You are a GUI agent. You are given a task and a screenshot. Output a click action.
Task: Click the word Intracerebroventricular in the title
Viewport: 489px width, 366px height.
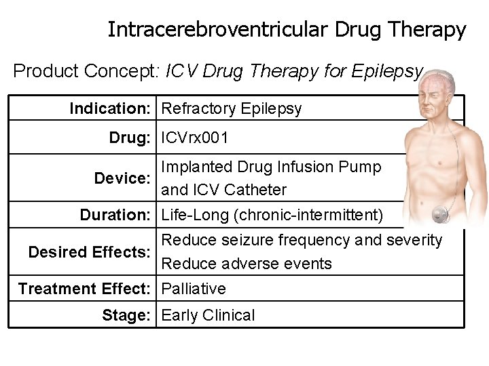pyautogui.click(x=217, y=30)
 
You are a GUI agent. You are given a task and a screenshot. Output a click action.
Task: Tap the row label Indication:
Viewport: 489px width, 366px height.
pyautogui.click(x=113, y=108)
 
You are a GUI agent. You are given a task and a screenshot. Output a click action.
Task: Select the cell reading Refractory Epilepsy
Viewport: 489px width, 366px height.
pyautogui.click(x=232, y=108)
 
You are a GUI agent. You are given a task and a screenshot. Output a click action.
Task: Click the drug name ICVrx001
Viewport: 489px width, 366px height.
pyautogui.click(x=195, y=138)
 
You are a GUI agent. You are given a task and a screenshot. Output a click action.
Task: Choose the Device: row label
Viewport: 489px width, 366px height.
pyautogui.click(x=122, y=178)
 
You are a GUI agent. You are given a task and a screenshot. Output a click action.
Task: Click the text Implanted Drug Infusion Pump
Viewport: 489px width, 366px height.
pyautogui.click(x=271, y=167)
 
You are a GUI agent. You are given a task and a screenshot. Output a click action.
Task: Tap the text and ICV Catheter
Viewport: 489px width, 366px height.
pyautogui.click(x=223, y=190)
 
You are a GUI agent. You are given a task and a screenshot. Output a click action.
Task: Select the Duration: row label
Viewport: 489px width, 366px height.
pyautogui.click(x=115, y=215)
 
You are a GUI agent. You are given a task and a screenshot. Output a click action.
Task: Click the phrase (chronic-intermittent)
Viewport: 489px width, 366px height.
pyautogui.click(x=311, y=215)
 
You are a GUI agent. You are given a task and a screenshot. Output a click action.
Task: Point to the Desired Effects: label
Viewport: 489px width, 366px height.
pyautogui.click(x=90, y=252)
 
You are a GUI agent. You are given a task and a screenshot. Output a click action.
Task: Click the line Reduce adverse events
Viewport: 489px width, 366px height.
pyautogui.click(x=247, y=264)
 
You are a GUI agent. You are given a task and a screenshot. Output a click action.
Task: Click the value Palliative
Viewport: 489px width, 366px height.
pyautogui.click(x=194, y=289)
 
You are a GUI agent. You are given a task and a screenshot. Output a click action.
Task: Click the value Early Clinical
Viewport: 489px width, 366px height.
pyautogui.click(x=208, y=315)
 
